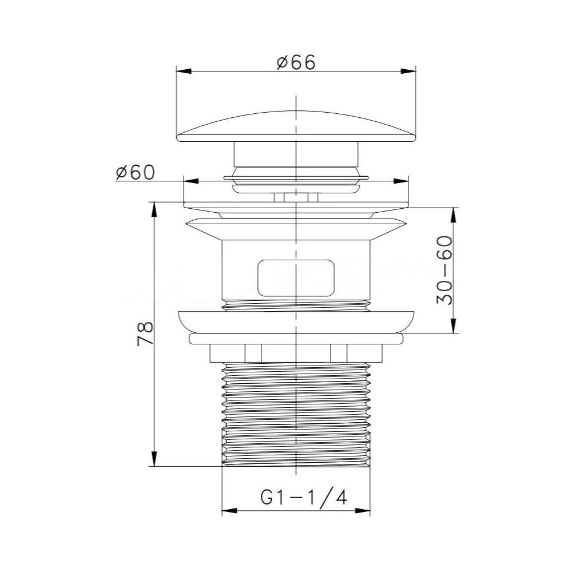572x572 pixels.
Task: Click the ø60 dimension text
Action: coord(135,172)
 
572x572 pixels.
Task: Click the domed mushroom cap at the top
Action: coord(296,129)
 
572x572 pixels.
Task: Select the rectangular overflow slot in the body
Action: coord(295,277)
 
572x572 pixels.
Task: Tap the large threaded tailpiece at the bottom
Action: coord(295,415)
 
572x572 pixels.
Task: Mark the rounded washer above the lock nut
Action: coord(295,320)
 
